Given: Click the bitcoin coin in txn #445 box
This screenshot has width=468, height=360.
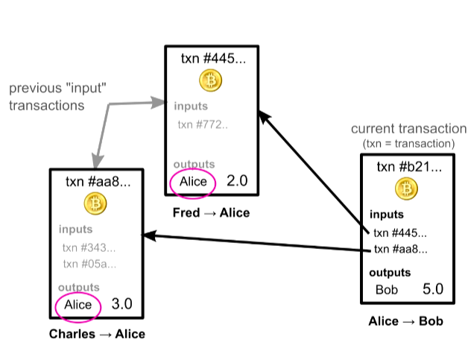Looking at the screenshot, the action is [210, 80].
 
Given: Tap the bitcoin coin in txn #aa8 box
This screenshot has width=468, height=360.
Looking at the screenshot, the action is [95, 203].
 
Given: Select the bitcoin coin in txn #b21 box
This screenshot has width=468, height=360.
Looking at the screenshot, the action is [406, 189].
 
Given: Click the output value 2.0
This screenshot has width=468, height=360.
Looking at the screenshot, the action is [237, 180].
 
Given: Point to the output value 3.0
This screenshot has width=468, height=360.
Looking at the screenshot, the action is [121, 304].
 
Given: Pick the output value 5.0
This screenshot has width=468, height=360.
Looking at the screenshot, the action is [433, 289].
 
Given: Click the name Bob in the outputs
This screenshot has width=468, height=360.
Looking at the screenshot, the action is [387, 289].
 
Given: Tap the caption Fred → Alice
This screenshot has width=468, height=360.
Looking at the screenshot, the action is [212, 213].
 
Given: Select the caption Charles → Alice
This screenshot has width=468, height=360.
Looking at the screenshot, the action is [97, 334].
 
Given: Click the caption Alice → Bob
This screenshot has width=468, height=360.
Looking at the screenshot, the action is [406, 321].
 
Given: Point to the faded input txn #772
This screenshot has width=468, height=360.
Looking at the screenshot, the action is [203, 124].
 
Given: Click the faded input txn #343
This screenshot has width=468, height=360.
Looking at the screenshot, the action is [89, 247].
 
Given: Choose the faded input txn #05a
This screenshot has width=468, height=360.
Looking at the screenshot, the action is [89, 264].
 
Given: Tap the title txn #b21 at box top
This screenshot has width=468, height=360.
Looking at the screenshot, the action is [409, 167].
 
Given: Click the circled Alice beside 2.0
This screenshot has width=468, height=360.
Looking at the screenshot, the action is [193, 182].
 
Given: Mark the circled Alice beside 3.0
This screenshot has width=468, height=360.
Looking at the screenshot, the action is [78, 305].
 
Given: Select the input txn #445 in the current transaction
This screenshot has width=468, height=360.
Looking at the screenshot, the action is [400, 233].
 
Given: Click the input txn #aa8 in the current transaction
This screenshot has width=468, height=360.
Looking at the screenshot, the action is [400, 249].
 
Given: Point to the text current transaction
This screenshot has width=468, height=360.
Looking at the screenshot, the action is [409, 129].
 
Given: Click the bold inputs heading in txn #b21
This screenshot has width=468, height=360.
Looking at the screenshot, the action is [387, 215].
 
